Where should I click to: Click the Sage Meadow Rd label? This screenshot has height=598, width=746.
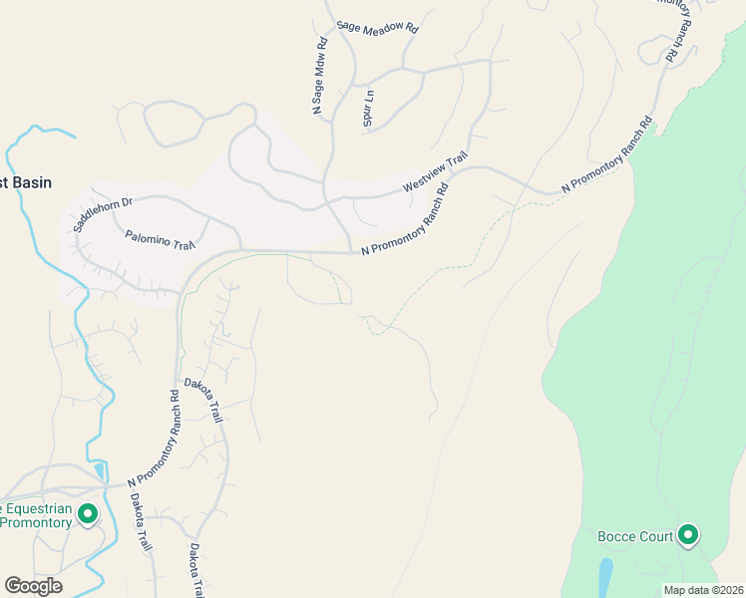click(x=377, y=28)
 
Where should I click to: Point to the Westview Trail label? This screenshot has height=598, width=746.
click(x=435, y=172)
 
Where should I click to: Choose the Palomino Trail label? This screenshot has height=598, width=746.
click(x=160, y=240)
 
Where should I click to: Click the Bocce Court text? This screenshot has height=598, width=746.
click(x=635, y=537)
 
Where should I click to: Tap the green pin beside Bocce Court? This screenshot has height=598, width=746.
click(x=687, y=535)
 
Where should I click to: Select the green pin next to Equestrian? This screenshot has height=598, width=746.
click(x=87, y=514)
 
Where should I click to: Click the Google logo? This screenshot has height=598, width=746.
click(x=33, y=586)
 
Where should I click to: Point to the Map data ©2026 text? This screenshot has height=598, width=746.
click(x=703, y=590)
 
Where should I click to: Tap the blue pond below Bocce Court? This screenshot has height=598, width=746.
click(x=605, y=575)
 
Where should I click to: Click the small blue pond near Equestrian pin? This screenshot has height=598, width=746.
click(x=99, y=470)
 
